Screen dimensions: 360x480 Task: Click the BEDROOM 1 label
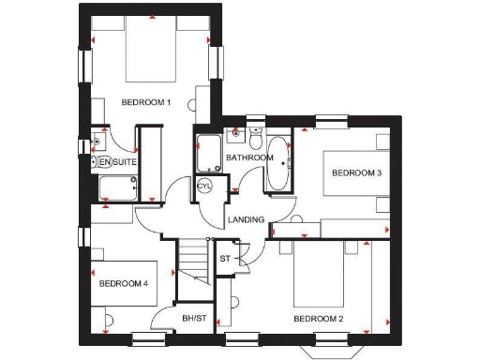tap(145, 102)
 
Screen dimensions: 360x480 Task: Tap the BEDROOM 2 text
tap(318, 319)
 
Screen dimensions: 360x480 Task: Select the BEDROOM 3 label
tap(356, 172)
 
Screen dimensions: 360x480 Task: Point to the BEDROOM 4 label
tap(124, 283)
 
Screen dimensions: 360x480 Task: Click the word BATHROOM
tap(249, 157)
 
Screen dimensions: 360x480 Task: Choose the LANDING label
tap(246, 220)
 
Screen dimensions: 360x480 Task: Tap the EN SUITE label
tap(118, 163)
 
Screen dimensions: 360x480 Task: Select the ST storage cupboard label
tap(225, 258)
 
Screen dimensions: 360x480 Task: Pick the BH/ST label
tap(194, 319)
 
